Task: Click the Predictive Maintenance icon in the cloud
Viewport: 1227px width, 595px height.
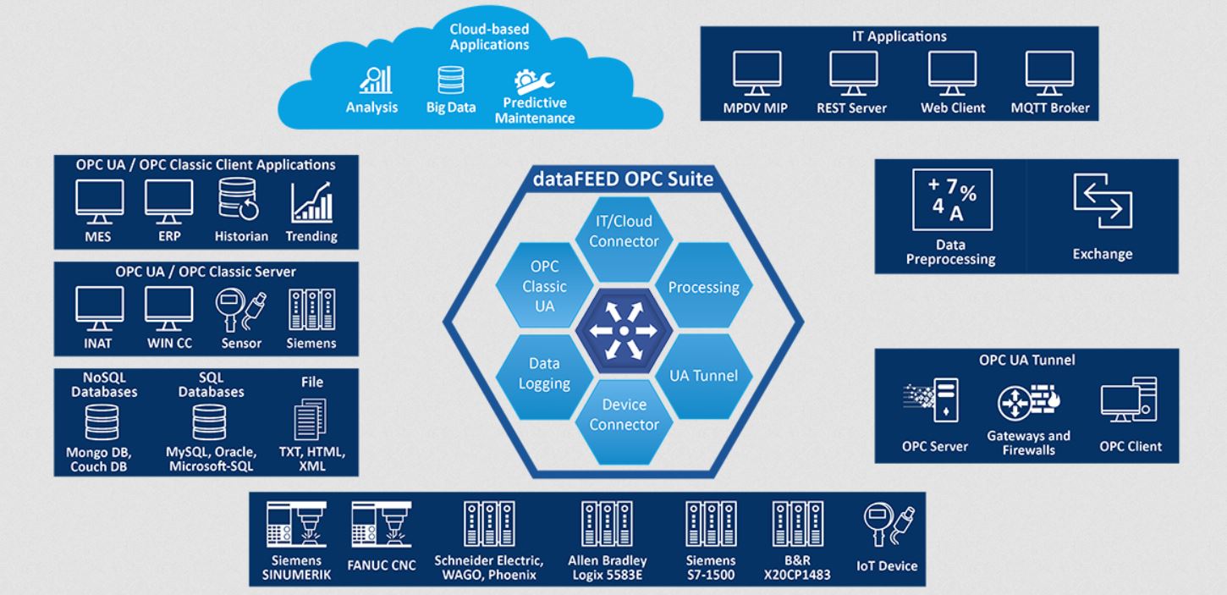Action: pyautogui.click(x=534, y=80)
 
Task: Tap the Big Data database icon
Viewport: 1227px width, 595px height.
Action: pyautogui.click(x=450, y=80)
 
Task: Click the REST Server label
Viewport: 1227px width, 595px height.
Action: pyautogui.click(x=852, y=108)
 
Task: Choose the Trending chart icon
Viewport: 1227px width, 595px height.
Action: pyautogui.click(x=311, y=202)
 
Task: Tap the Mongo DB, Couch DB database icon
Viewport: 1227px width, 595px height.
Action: pyautogui.click(x=102, y=422)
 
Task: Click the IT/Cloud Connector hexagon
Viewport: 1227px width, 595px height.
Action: pyautogui.click(x=624, y=232)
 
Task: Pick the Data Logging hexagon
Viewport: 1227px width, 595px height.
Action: pyautogui.click(x=543, y=373)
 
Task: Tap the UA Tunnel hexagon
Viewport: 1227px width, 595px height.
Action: pyautogui.click(x=703, y=375)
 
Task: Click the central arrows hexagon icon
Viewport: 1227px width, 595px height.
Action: pyautogui.click(x=623, y=330)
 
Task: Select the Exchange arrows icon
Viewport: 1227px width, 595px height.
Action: pyautogui.click(x=1102, y=202)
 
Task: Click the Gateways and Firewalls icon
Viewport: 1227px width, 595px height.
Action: pyautogui.click(x=1028, y=403)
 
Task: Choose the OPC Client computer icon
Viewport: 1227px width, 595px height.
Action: pyautogui.click(x=1130, y=400)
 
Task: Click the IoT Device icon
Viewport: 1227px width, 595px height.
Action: pyautogui.click(x=887, y=525)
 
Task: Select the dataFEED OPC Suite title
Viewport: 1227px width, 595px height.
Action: pyautogui.click(x=624, y=179)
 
